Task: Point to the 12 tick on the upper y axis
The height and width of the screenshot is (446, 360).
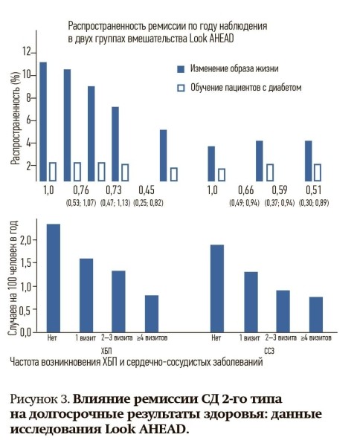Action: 28,52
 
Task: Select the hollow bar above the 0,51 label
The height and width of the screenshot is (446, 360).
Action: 318,172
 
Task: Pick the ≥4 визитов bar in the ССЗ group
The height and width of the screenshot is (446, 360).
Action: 315,314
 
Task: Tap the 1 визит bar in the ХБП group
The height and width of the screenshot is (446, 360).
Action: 86,295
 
